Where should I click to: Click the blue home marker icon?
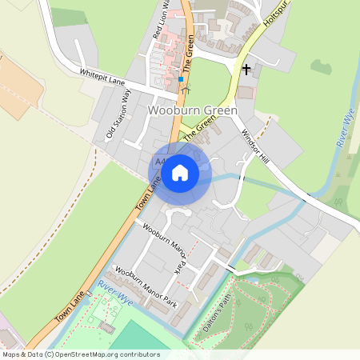point(180,172)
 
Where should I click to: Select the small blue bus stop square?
point(182,79)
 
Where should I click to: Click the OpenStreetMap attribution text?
point(80,354)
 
